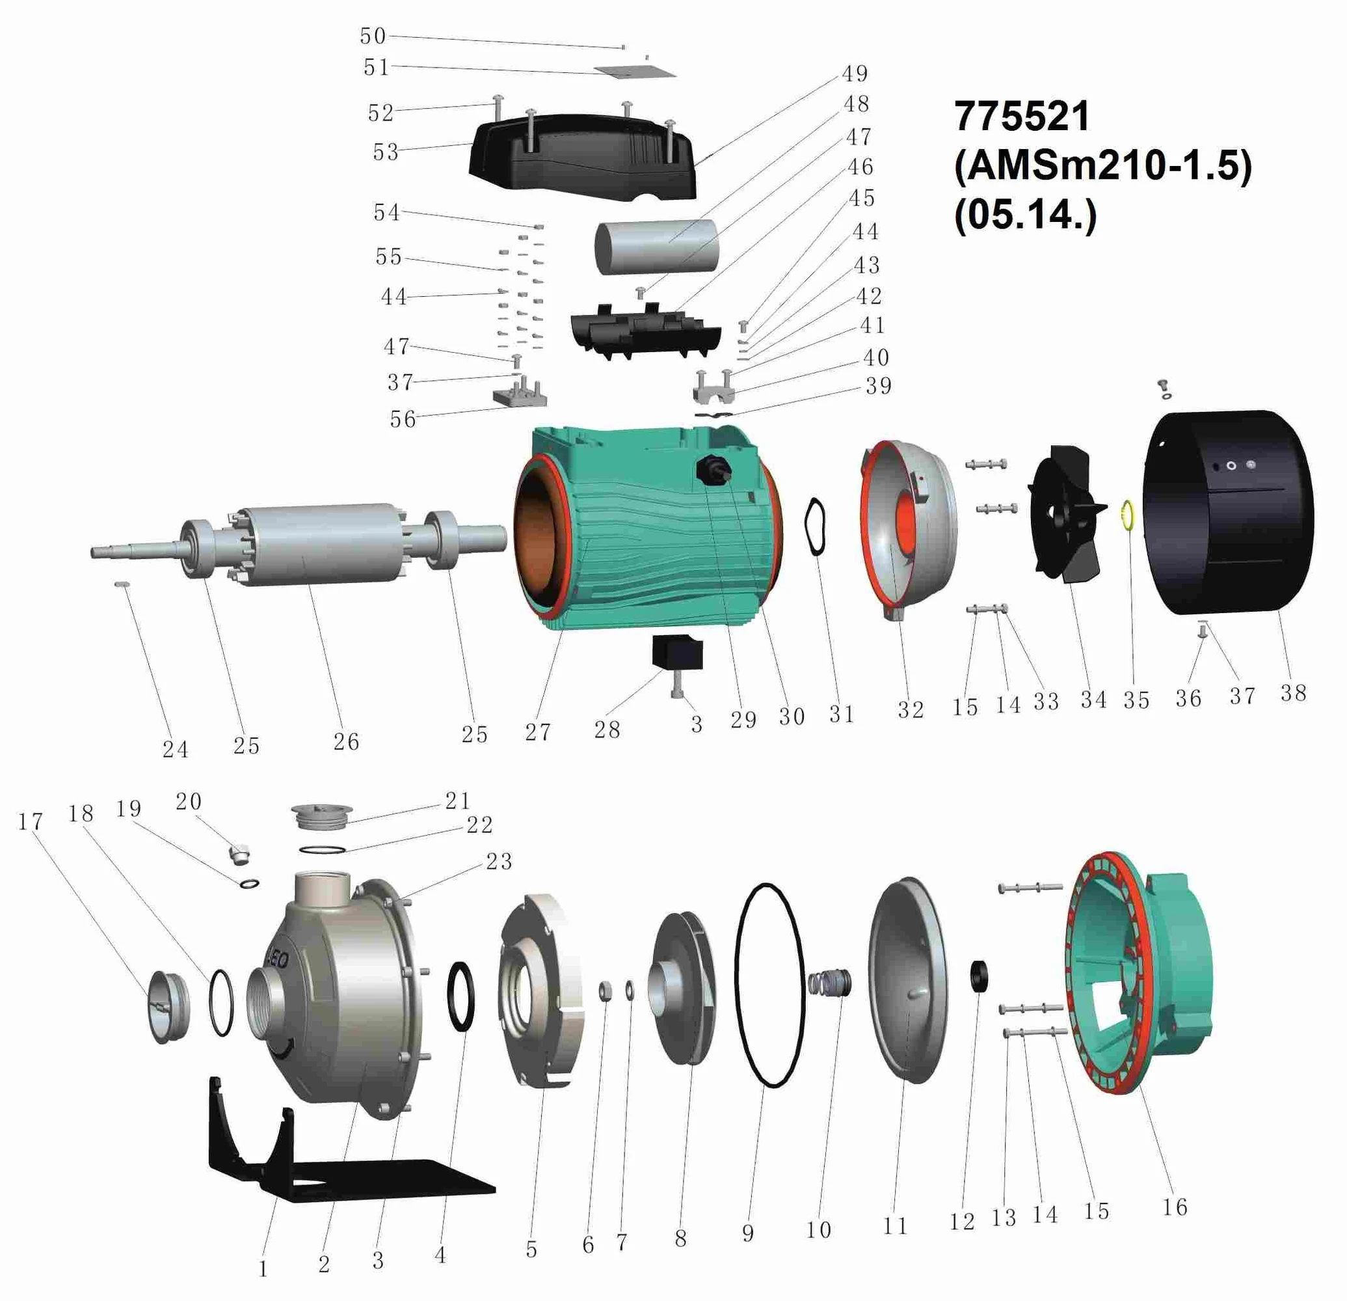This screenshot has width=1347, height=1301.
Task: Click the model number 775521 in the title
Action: tap(1021, 116)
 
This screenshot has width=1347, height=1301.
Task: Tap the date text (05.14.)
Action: tap(1024, 215)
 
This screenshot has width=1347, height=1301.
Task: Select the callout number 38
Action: tap(1293, 692)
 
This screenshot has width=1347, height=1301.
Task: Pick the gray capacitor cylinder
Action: tap(656, 247)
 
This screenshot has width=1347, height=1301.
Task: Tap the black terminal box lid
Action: tap(582, 155)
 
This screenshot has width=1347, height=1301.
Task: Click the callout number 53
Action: tap(386, 152)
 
